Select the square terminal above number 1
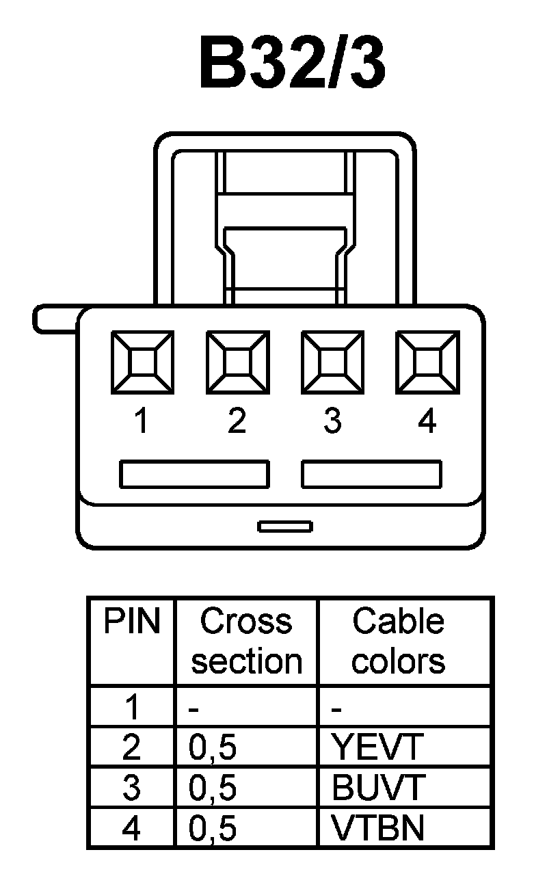(142, 362)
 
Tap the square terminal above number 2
(237, 362)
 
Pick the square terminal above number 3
(332, 362)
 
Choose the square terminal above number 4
(427, 362)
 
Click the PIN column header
(131, 622)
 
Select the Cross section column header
(246, 641)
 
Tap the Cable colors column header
(399, 641)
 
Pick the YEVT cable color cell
(377, 748)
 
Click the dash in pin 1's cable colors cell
(336, 709)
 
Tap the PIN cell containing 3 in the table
(131, 788)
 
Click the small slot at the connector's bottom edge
(285, 526)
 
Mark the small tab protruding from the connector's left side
(55, 320)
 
